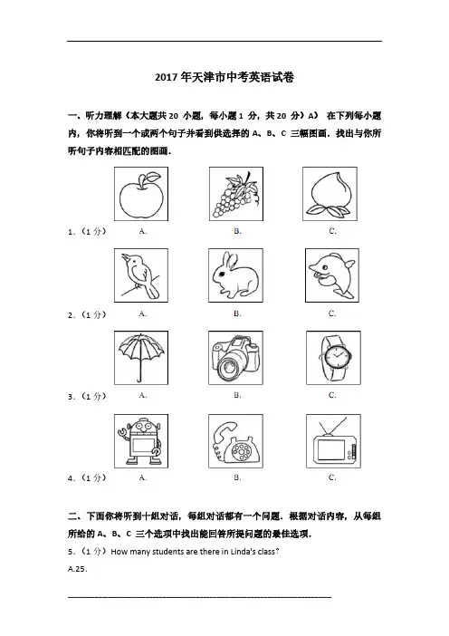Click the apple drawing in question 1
coord(141,196)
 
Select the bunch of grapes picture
coord(236,195)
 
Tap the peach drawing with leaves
coord(330,194)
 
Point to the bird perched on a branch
coord(140,275)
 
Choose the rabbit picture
coord(235,275)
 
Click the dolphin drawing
coord(332,275)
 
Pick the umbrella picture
coord(141,357)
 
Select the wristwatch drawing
coord(333,358)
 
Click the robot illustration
coord(141,441)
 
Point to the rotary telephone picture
coord(235,443)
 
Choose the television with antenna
coord(333,442)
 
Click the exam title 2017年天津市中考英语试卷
coord(224,77)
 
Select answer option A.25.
coord(78,569)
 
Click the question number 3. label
coord(72,397)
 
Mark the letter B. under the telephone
coord(237,477)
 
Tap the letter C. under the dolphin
coord(332,313)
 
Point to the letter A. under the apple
coord(143,231)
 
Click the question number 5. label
coord(72,552)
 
